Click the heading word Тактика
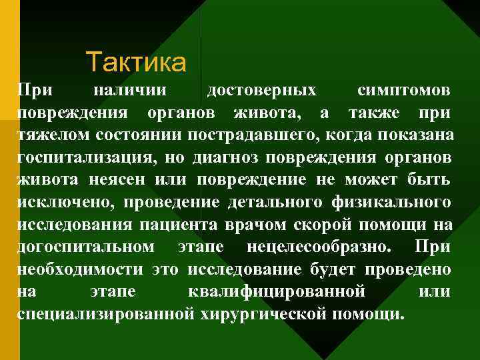point(136,63)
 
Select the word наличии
point(131,89)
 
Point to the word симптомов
point(403,89)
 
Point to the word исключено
point(61,203)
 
